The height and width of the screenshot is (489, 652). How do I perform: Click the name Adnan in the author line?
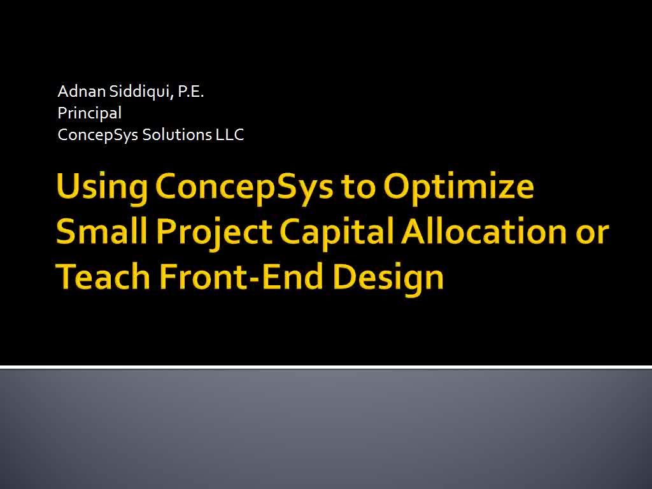pos(81,91)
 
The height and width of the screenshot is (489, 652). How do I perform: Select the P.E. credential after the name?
pos(191,92)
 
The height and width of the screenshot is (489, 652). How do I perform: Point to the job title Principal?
pos(89,113)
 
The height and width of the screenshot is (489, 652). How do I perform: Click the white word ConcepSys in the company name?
pos(97,135)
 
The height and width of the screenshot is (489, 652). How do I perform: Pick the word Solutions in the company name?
pos(177,135)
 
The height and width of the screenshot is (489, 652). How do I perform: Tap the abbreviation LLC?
pos(229,135)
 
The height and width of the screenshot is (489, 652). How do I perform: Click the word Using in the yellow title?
pos(103,187)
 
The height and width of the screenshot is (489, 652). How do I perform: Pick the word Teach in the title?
pos(103,276)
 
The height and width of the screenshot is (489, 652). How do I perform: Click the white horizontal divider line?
pos(326,367)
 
